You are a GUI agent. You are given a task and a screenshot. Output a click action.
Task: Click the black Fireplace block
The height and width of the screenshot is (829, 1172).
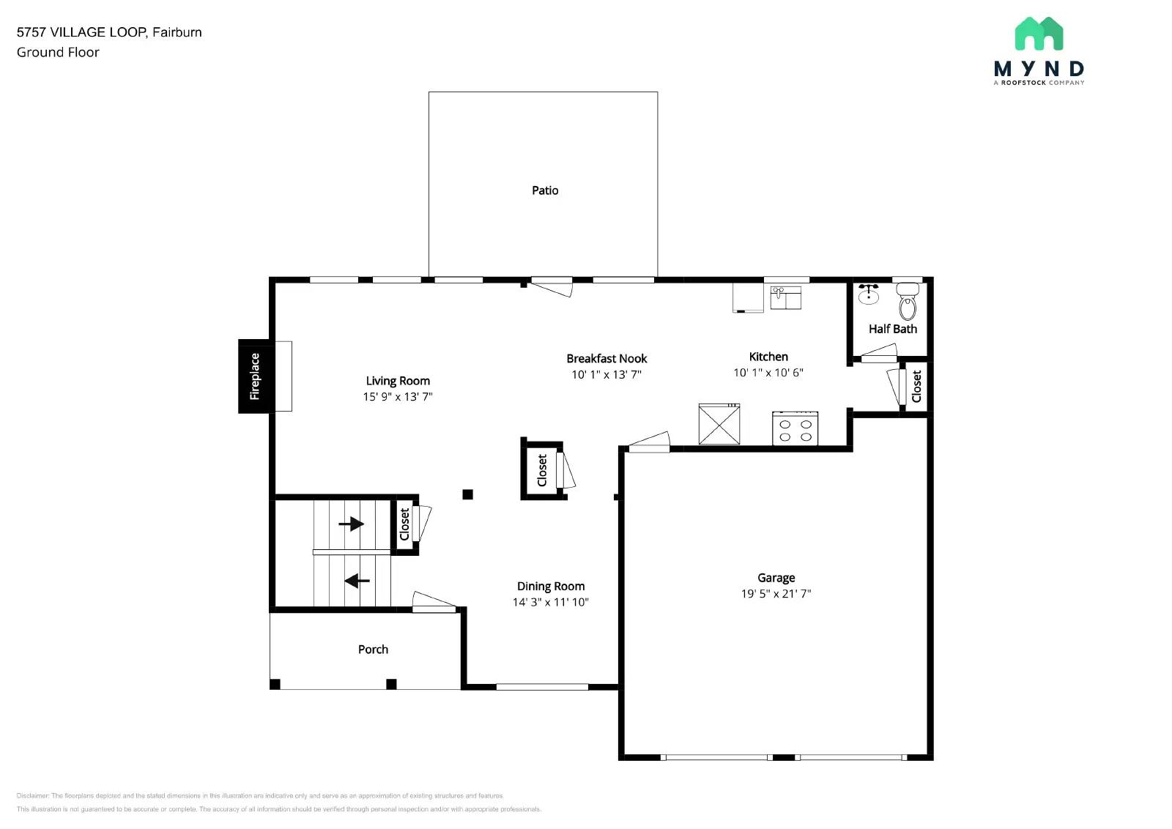pos(255,376)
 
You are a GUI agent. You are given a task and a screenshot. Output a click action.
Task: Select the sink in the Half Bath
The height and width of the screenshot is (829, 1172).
pos(869,294)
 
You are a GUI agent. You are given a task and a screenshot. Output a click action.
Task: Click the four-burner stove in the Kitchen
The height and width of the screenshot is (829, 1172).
pos(795,429)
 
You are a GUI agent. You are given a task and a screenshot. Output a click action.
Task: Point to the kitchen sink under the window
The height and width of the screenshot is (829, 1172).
pos(785,297)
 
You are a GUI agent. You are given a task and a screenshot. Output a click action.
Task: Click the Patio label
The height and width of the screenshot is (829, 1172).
pos(544,190)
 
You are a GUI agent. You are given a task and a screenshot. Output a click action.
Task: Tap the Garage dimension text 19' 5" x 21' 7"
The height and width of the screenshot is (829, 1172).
pos(776,594)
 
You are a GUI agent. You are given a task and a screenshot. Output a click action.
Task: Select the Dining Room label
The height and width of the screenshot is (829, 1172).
pos(550,586)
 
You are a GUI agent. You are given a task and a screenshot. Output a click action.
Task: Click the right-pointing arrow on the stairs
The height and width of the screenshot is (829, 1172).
pos(352,524)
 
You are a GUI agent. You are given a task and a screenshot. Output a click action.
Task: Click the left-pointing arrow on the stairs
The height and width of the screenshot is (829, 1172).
pos(357,581)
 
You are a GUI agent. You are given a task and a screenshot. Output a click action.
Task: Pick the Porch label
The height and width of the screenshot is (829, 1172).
pos(373,650)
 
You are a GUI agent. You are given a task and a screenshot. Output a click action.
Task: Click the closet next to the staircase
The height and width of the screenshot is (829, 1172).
pos(404,524)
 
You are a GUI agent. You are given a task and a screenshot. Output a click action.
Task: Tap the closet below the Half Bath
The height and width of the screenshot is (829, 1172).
pos(916,386)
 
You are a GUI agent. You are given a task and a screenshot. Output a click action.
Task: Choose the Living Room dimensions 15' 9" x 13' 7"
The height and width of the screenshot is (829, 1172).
pos(398,397)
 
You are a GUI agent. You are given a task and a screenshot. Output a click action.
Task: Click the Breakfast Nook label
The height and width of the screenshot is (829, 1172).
pos(607,359)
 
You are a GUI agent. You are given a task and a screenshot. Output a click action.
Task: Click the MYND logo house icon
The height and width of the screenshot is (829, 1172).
pos(1039,34)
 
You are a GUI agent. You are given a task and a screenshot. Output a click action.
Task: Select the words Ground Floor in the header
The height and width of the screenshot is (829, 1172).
pos(58,53)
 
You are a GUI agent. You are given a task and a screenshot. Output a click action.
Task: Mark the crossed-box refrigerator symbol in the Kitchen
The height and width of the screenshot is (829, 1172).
pos(719,424)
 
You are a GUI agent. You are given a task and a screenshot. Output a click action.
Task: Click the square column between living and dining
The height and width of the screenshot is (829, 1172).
pos(467,494)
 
